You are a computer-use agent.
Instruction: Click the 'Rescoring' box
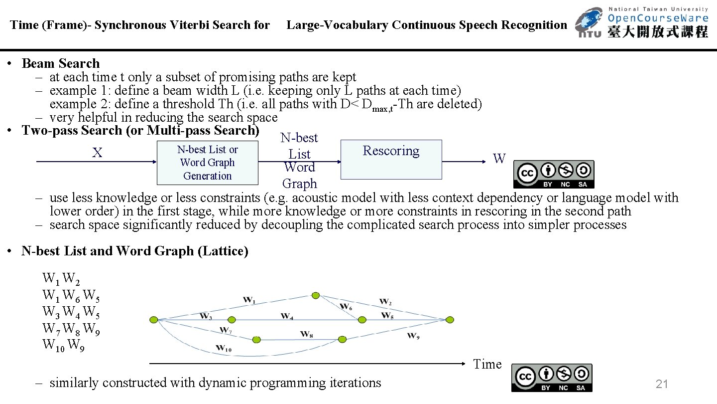391,159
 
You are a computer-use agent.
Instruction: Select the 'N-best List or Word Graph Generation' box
208,163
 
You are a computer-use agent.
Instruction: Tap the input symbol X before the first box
97,153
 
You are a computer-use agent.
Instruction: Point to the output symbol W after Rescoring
499,159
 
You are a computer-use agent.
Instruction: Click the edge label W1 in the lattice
249,300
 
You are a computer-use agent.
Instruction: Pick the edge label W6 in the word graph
346,306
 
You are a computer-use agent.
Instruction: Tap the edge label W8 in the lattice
307,334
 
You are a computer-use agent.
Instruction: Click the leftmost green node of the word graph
154,320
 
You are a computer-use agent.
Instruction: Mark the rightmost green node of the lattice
450,320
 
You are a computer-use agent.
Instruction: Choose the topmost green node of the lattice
315,295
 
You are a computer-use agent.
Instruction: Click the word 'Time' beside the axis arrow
487,365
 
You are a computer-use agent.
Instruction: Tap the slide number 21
662,384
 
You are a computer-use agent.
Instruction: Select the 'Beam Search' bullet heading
61,63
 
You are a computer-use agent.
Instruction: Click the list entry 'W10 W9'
63,345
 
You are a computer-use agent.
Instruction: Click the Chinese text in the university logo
658,32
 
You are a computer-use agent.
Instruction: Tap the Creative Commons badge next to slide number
551,378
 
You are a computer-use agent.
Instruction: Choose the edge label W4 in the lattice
287,316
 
